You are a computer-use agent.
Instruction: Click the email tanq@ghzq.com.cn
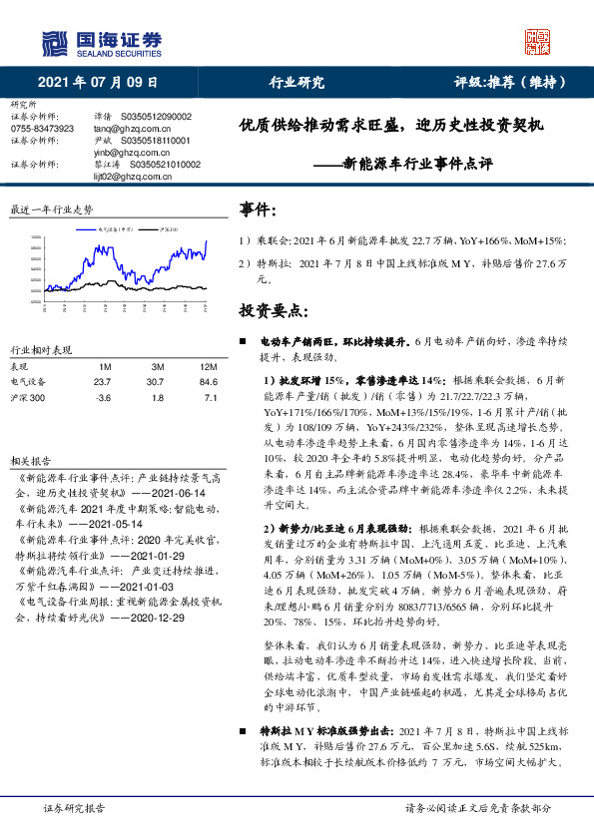point(124,129)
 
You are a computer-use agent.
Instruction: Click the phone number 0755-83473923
point(42,129)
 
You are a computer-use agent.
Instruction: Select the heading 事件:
point(258,210)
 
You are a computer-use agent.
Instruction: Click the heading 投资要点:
point(272,311)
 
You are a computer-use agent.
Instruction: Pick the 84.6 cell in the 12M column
point(209,380)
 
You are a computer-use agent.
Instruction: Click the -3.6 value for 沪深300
point(102,398)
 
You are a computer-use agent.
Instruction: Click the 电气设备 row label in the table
point(28,380)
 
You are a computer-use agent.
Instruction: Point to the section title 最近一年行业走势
point(51,210)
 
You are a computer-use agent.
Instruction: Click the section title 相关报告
point(27,461)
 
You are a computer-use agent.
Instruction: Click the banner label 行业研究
point(297,82)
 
